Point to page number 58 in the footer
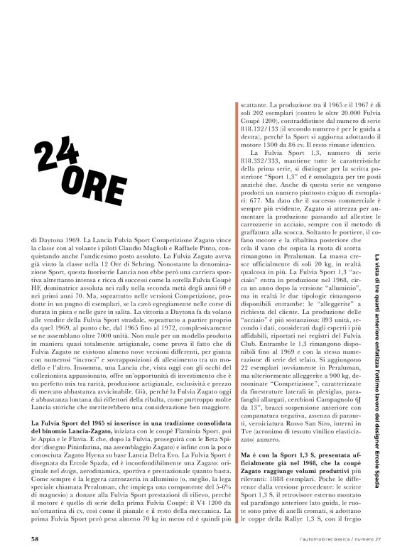click(x=35, y=538)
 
